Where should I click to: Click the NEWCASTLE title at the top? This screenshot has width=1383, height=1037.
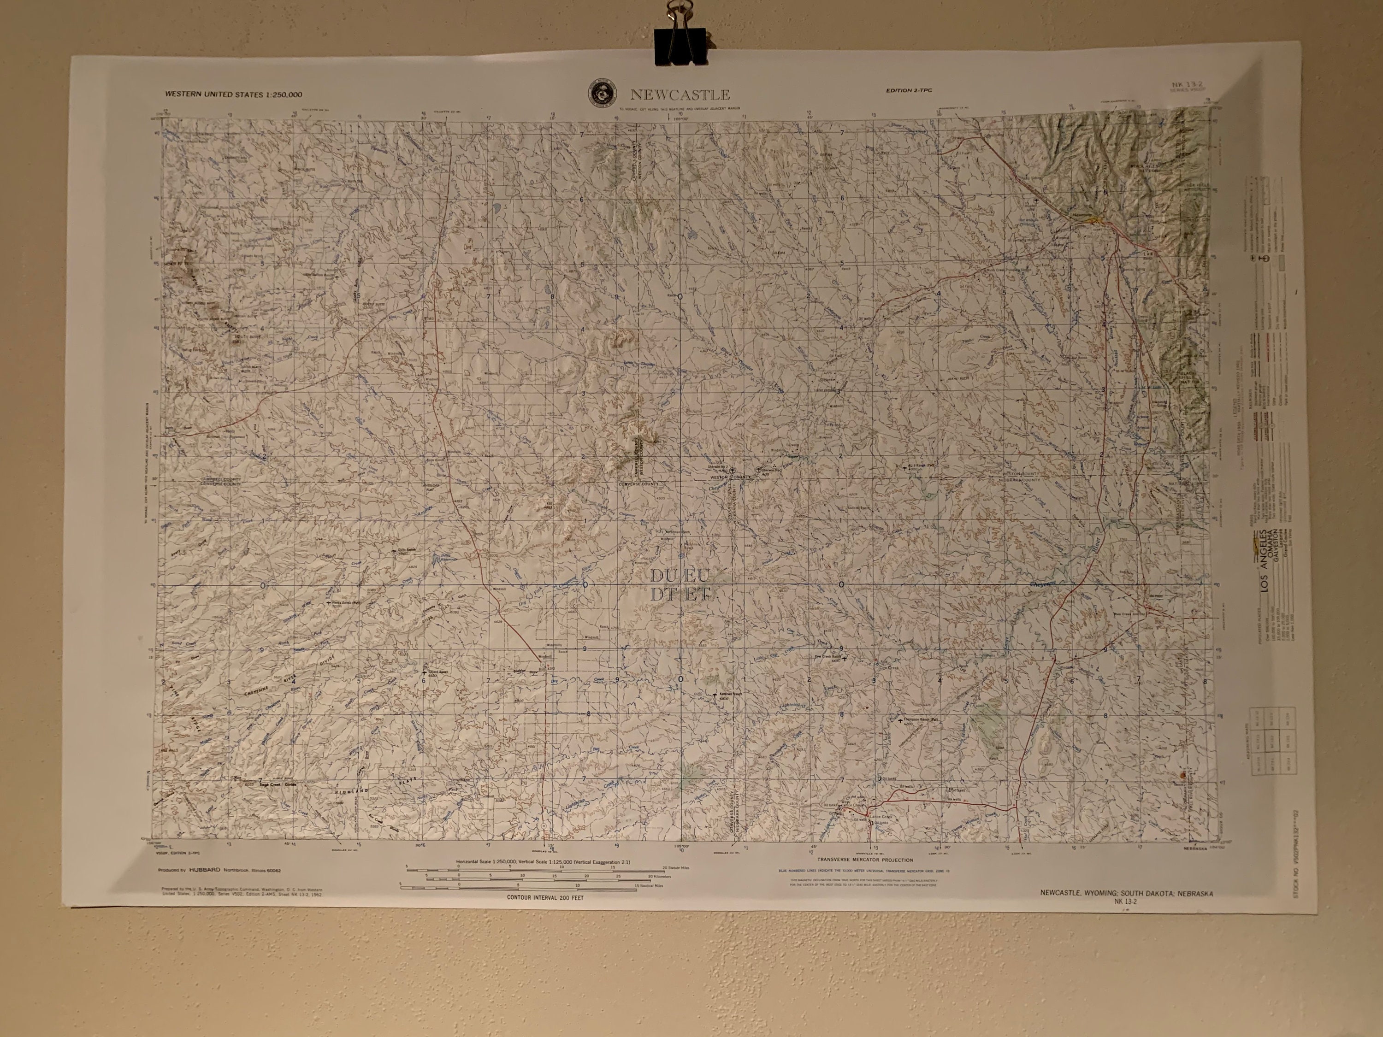(x=680, y=95)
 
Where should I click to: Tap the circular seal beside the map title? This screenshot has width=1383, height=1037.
(x=602, y=94)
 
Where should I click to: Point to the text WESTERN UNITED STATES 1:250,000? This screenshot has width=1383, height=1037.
(x=233, y=95)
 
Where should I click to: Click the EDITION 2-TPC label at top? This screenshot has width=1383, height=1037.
(x=909, y=91)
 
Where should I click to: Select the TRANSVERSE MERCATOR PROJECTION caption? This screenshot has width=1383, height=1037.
(x=865, y=860)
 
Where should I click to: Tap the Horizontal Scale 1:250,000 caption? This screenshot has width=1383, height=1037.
(x=543, y=862)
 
